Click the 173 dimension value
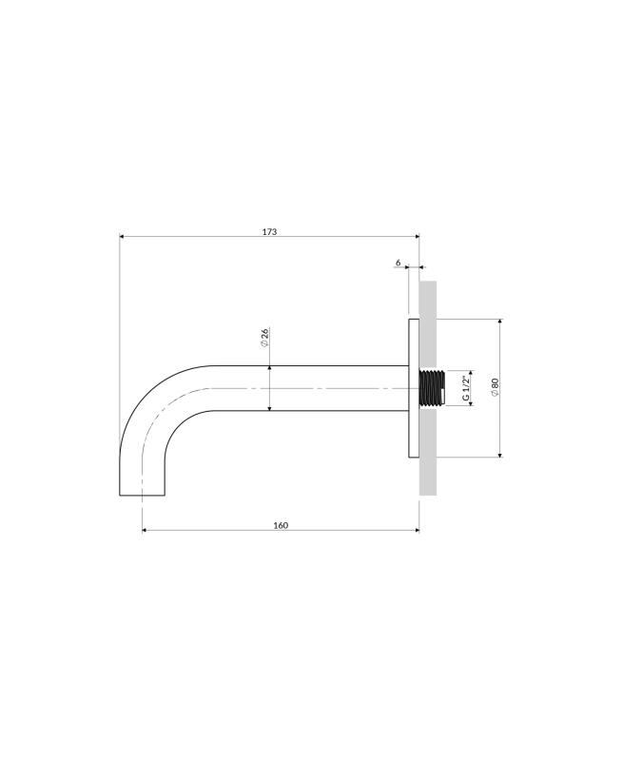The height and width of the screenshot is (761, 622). click(x=269, y=231)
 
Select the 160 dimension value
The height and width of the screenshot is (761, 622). click(x=281, y=525)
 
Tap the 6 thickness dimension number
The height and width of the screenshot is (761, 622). click(x=398, y=263)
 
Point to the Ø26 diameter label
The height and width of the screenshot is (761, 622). click(x=264, y=338)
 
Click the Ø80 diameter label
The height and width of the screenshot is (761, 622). click(x=495, y=387)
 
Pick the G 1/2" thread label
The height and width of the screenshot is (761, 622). click(x=466, y=388)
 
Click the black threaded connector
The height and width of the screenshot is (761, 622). click(x=432, y=388)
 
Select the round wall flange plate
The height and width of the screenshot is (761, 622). click(x=414, y=388)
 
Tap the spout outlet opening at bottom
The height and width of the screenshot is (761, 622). click(x=142, y=495)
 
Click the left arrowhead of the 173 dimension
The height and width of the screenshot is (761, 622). click(x=123, y=236)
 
